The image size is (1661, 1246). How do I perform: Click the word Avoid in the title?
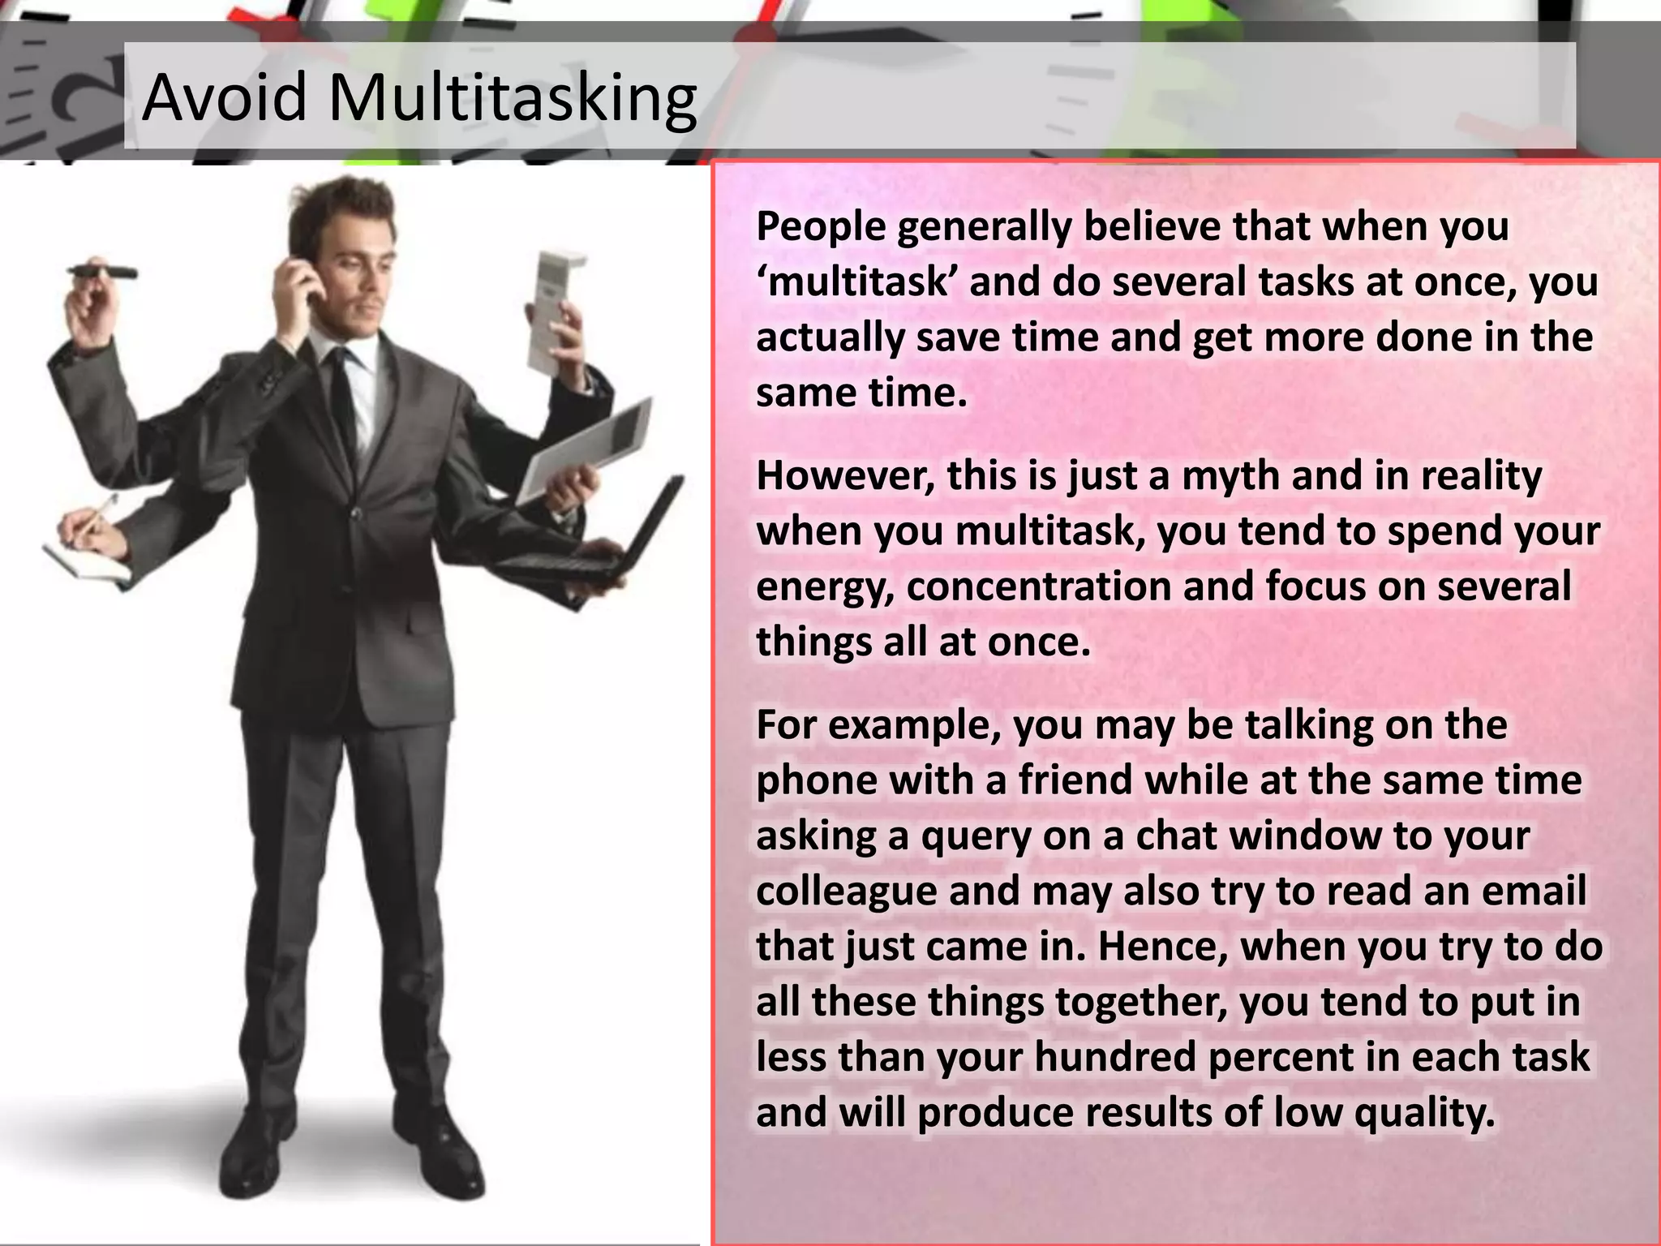pos(224,97)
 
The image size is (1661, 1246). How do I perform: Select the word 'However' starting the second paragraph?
pos(844,476)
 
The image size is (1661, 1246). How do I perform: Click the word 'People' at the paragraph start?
pos(821,226)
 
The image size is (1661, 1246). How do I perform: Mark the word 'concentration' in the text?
pos(1038,586)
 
